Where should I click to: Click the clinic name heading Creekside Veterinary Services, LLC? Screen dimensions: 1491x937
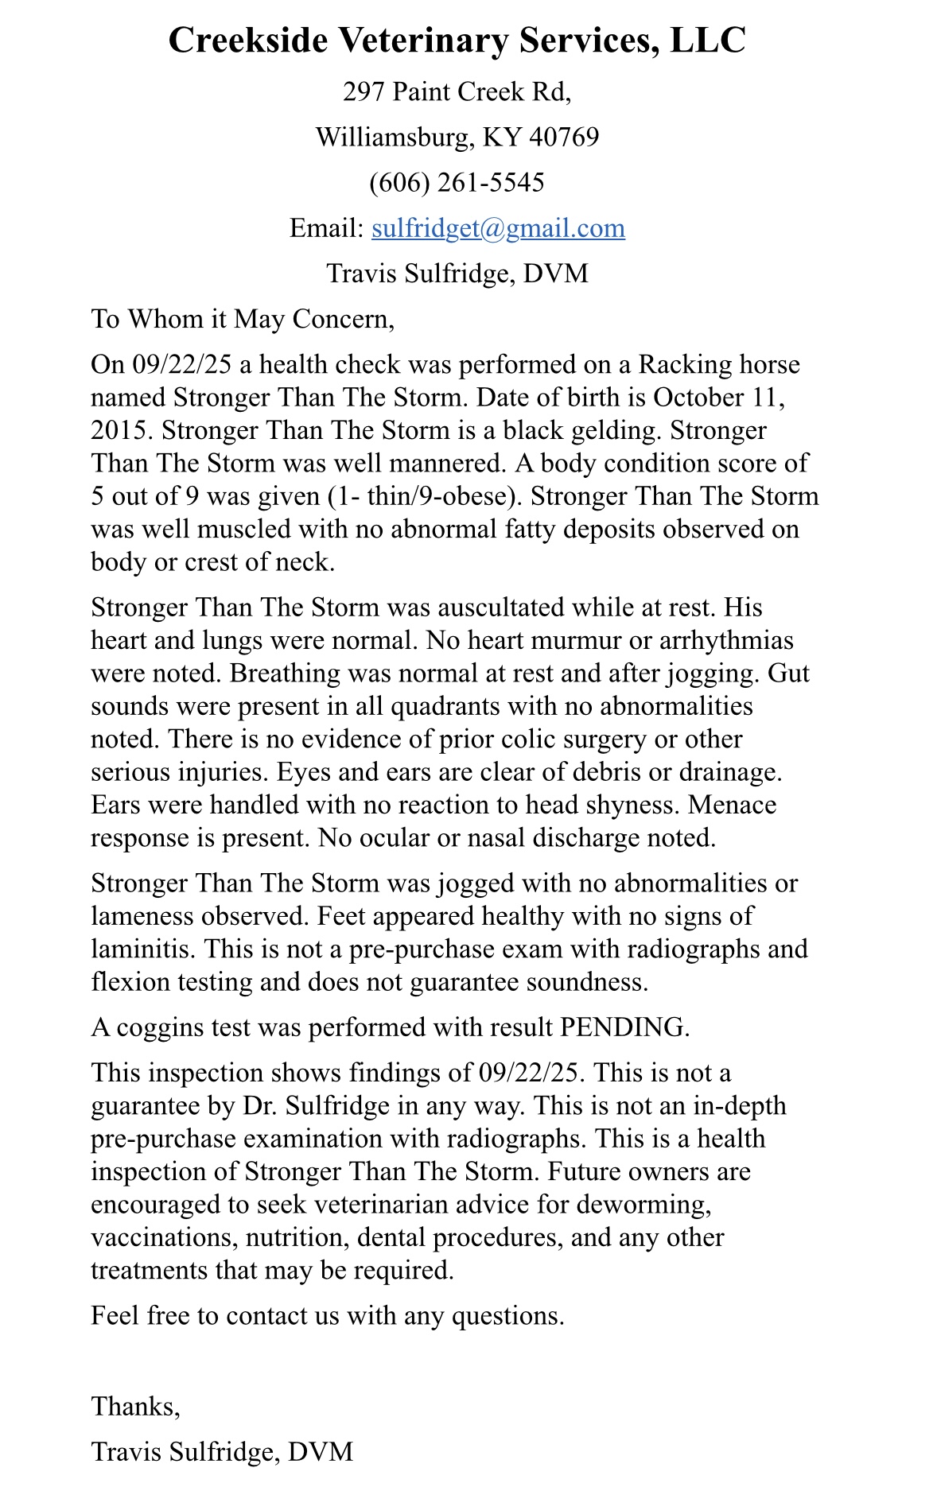(457, 41)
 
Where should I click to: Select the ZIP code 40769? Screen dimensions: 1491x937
(564, 138)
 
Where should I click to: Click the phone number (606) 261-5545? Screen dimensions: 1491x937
(457, 183)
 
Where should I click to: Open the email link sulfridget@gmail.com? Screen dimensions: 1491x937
(498, 228)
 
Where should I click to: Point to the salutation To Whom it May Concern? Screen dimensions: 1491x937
(243, 319)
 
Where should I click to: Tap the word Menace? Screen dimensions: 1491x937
(732, 805)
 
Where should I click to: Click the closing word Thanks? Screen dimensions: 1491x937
(134, 1407)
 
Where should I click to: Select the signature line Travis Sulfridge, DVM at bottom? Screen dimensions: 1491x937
(222, 1452)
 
